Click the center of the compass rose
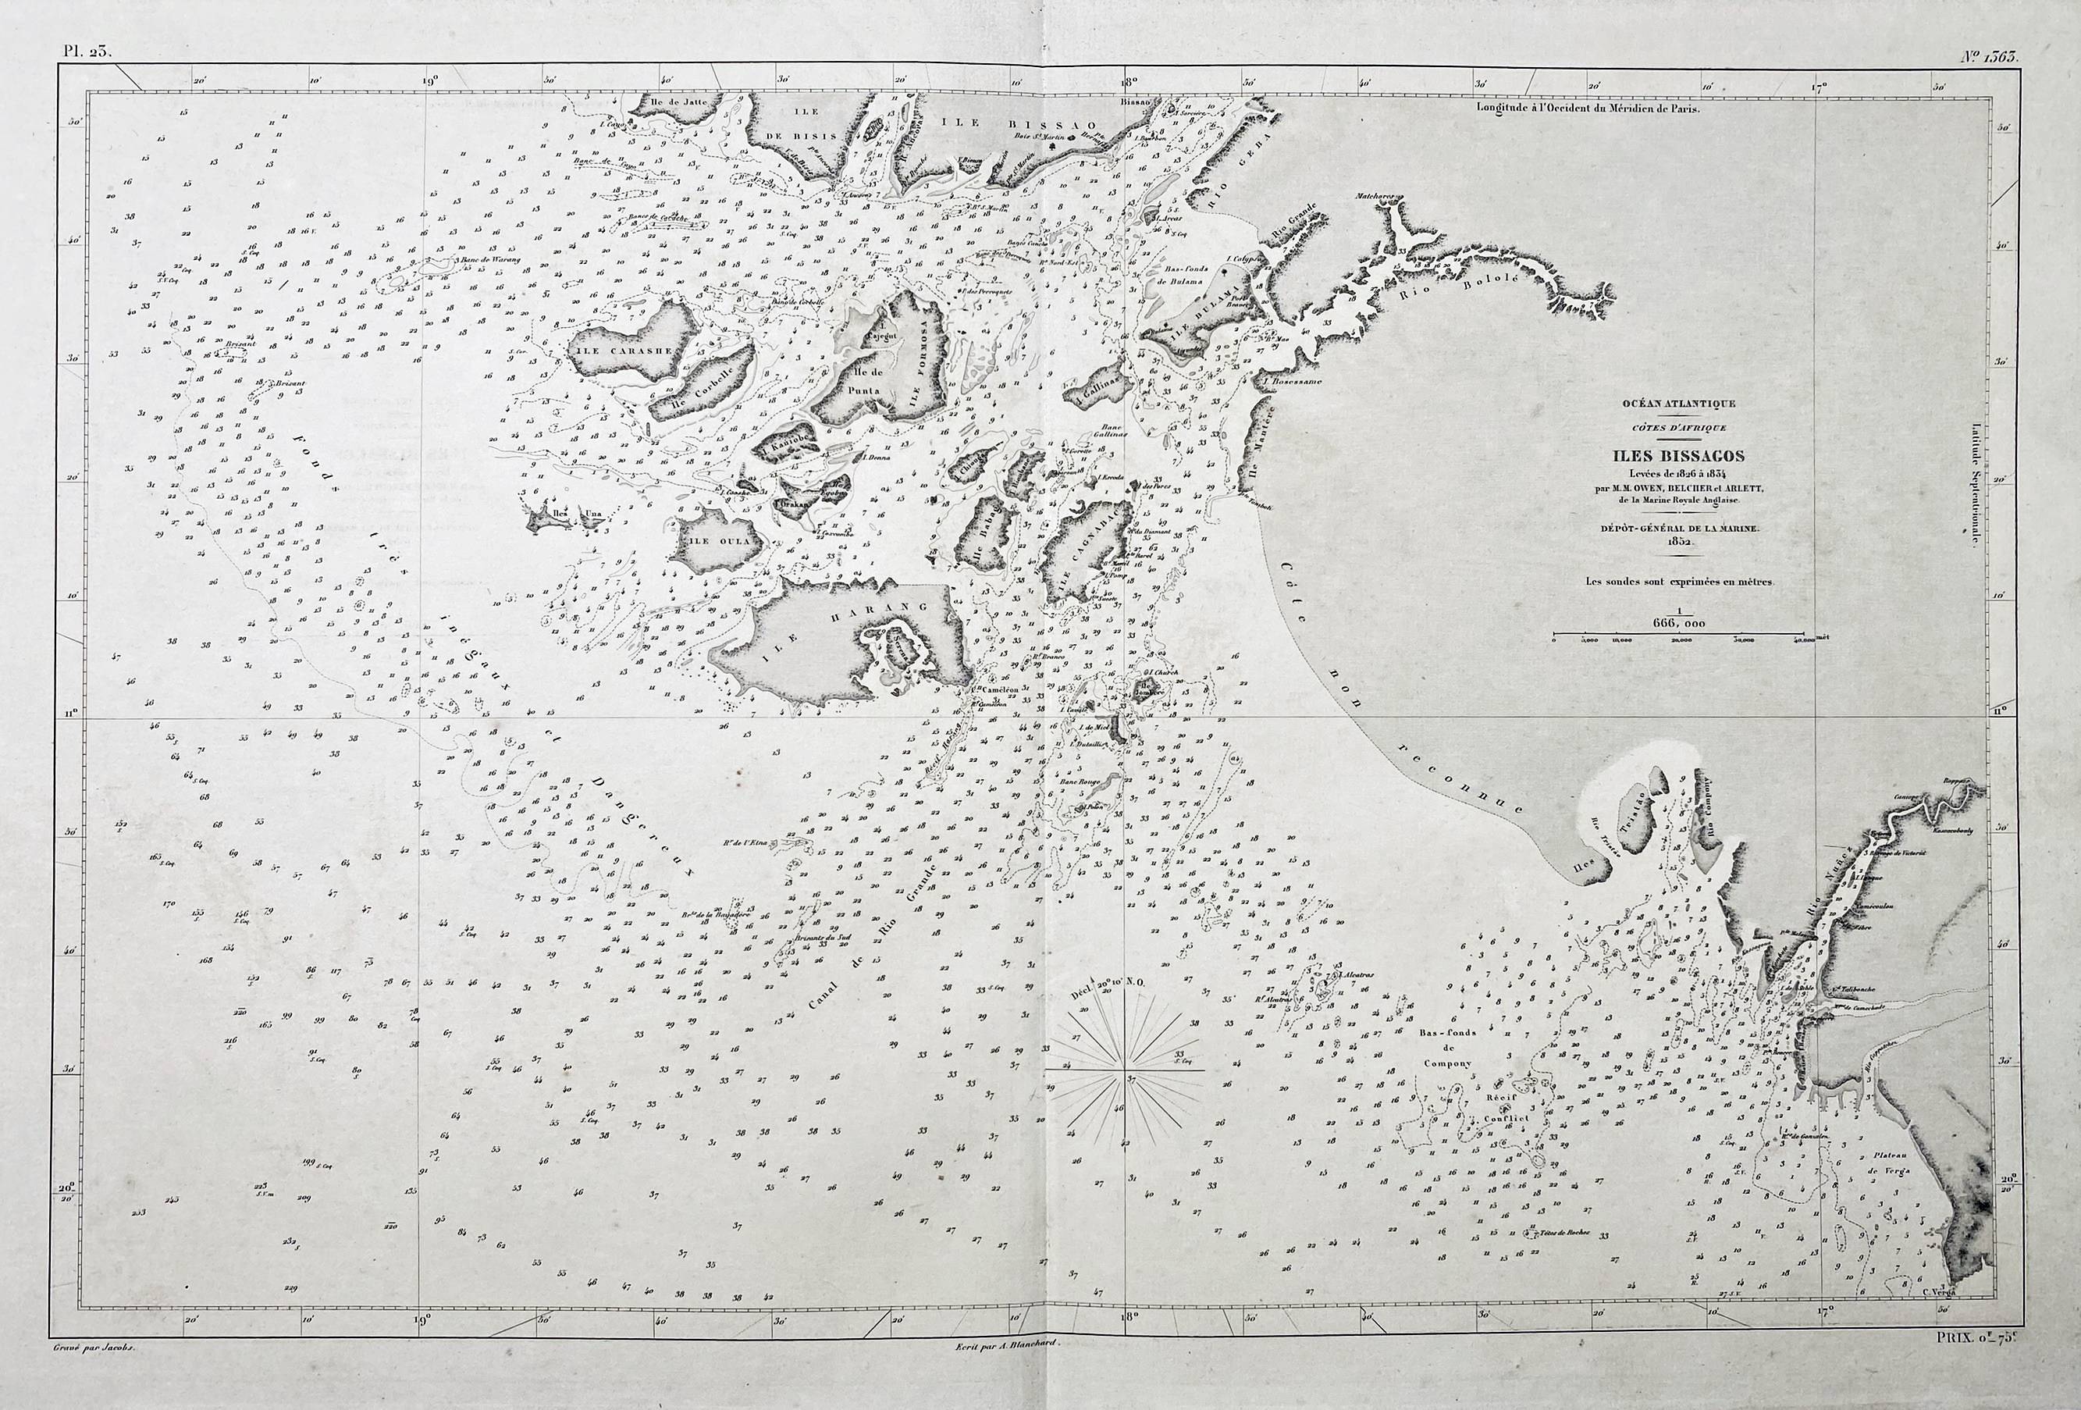[1126, 1070]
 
